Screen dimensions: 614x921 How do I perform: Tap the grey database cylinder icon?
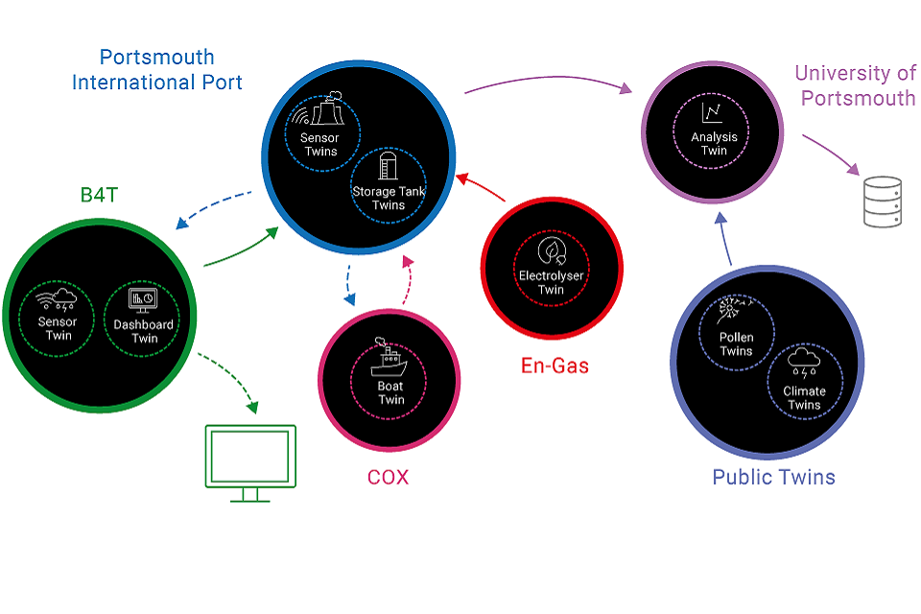tap(883, 201)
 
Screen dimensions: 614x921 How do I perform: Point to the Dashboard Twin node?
tap(144, 317)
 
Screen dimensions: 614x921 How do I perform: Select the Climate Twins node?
tap(804, 381)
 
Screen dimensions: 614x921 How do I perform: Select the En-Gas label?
tap(555, 366)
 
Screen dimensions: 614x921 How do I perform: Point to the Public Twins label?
tap(773, 477)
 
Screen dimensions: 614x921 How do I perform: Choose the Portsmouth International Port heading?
tap(157, 70)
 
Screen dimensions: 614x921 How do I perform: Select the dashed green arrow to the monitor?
tap(230, 381)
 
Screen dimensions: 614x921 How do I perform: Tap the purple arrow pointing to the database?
tap(831, 154)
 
